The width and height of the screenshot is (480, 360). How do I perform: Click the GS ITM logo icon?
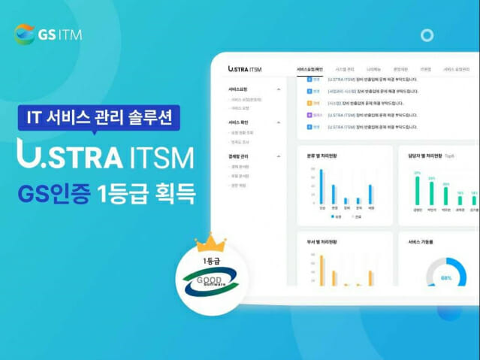(x=25, y=34)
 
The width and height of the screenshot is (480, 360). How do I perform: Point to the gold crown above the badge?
(x=210, y=244)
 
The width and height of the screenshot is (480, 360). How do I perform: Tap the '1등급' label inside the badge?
(x=211, y=260)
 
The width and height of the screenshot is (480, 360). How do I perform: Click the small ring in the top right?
(x=427, y=35)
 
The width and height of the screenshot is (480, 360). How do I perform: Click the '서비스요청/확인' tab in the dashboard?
(x=309, y=68)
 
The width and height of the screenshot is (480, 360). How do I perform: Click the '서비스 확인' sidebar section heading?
(x=240, y=122)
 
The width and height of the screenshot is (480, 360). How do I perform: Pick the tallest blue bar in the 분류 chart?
(x=322, y=186)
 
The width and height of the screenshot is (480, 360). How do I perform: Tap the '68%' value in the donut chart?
(x=446, y=278)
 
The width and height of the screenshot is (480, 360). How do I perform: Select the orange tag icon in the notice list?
(x=309, y=103)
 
